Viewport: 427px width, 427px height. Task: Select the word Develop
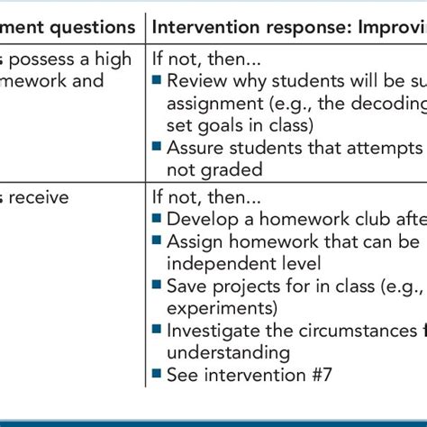(201, 220)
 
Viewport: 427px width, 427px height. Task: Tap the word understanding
(228, 351)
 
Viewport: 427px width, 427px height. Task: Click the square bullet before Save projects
(157, 286)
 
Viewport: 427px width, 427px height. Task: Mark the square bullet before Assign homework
(157, 241)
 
